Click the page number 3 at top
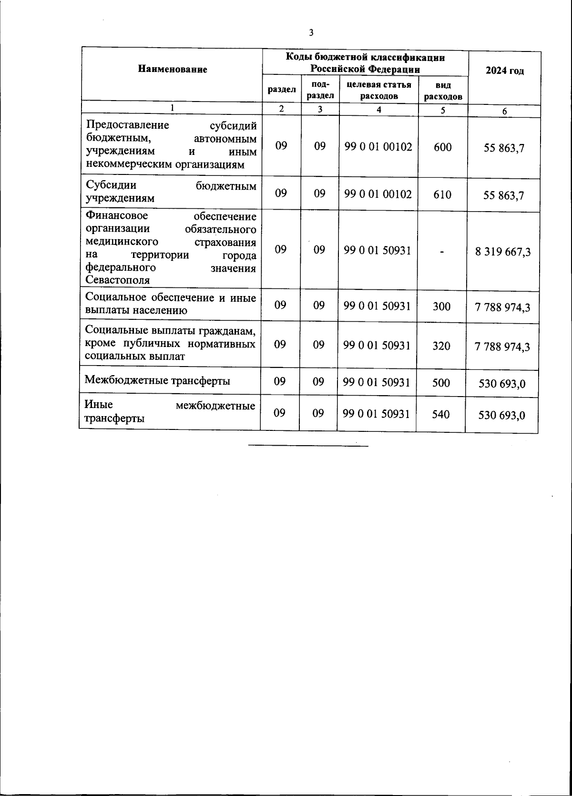click(311, 33)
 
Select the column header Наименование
click(173, 70)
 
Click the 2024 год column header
click(505, 71)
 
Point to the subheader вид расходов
click(443, 91)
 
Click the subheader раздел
click(281, 89)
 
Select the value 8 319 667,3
click(503, 252)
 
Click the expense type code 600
click(443, 147)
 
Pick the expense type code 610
click(442, 194)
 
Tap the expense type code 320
click(441, 346)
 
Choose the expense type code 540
click(440, 414)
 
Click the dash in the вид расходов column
click(442, 251)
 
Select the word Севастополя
click(117, 280)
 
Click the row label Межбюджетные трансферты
click(157, 380)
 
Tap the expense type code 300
click(441, 306)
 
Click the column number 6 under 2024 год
click(504, 112)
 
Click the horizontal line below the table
click(308, 446)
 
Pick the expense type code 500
click(441, 382)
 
